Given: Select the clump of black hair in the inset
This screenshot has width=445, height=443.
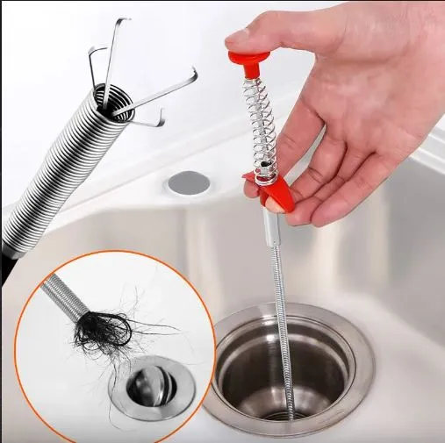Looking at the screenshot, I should pyautogui.click(x=103, y=331).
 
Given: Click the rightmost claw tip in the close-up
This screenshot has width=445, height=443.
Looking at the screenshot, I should pyautogui.click(x=192, y=78).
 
